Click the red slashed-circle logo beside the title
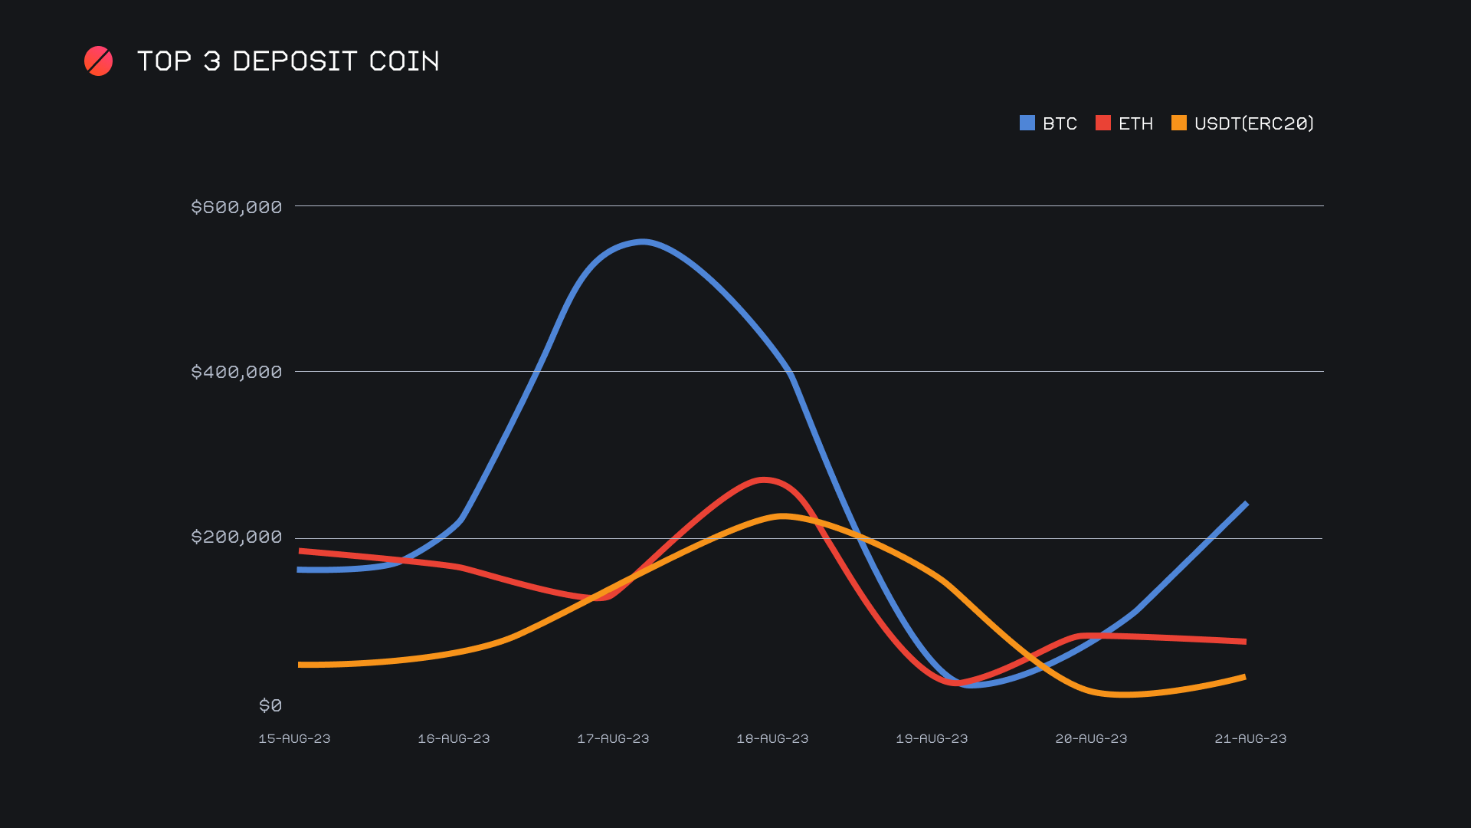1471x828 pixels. (98, 61)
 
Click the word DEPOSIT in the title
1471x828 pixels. (294, 61)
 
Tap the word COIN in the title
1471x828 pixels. (404, 61)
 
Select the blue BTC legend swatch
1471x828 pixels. (1027, 123)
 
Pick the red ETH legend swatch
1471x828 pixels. (1103, 123)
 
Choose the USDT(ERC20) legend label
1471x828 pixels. (1253, 123)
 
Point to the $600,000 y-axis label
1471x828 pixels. (236, 207)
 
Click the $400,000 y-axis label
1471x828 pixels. (236, 372)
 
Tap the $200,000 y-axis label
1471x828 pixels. (236, 537)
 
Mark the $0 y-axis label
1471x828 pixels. (270, 705)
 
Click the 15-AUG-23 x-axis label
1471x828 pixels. (294, 738)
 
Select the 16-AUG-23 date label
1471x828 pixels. (454, 738)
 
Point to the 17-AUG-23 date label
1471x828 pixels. (613, 738)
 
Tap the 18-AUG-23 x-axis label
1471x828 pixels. (772, 738)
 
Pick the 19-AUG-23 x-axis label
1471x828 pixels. (932, 738)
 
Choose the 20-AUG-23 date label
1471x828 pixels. (1091, 738)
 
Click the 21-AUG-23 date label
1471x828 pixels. (1250, 738)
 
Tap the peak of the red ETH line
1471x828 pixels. (763, 480)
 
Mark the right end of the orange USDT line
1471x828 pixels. (1244, 677)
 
